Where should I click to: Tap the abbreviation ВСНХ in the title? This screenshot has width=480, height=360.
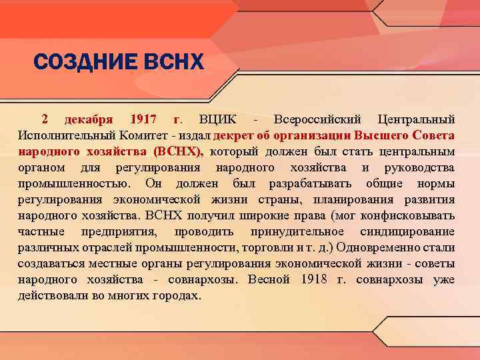click(x=172, y=63)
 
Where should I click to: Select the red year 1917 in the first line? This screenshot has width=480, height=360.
click(x=143, y=119)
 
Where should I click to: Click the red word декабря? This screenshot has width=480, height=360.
click(x=89, y=119)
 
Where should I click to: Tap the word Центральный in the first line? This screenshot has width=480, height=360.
click(x=416, y=119)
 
